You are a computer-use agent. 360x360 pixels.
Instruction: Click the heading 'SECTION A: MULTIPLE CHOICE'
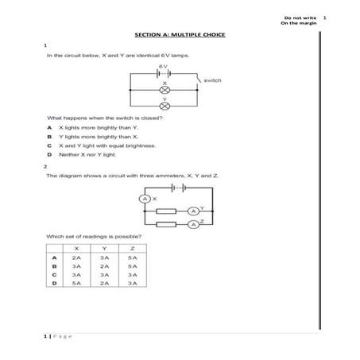tap(180, 35)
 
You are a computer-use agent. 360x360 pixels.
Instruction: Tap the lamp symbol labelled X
tap(165, 90)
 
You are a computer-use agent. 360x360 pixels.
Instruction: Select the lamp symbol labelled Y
tap(165, 105)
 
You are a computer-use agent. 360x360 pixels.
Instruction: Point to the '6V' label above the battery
tap(162, 66)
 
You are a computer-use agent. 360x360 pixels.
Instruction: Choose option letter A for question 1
tap(49, 127)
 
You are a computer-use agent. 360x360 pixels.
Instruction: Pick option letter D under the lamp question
tap(49, 155)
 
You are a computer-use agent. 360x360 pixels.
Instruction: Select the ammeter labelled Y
tap(192, 211)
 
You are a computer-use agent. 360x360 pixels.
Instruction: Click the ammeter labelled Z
tap(192, 225)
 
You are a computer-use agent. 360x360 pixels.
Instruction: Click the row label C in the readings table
tap(54, 274)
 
